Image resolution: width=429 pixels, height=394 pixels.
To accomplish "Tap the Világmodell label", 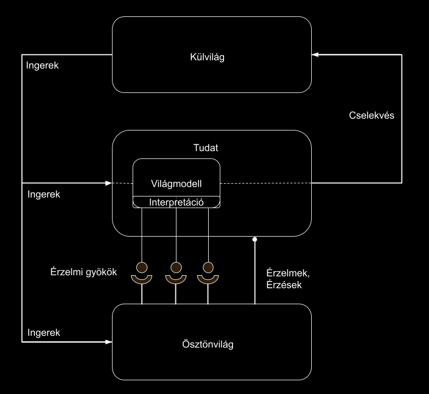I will pyautogui.click(x=176, y=183).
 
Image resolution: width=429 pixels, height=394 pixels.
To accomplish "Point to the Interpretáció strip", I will pyautogui.click(x=176, y=202).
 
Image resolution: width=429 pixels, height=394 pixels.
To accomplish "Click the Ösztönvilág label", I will pyautogui.click(x=211, y=344).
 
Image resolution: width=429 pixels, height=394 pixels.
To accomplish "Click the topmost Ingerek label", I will pyautogui.click(x=42, y=67).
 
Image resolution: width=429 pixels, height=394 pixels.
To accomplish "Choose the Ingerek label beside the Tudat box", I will pyautogui.click(x=43, y=194).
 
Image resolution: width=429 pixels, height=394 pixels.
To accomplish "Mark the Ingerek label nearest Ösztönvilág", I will pyautogui.click(x=43, y=333).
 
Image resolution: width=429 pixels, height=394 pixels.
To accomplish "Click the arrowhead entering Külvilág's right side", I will pyautogui.click(x=315, y=55).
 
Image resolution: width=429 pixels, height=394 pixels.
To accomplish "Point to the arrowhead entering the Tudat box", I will pyautogui.click(x=108, y=183).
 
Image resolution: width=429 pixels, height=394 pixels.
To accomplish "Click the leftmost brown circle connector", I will pyautogui.click(x=142, y=266).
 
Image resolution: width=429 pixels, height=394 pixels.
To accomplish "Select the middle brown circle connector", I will pyautogui.click(x=175, y=266).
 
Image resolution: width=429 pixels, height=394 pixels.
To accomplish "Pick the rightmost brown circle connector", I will pyautogui.click(x=208, y=266).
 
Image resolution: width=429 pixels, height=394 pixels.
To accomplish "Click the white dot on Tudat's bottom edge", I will pyautogui.click(x=255, y=240).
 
